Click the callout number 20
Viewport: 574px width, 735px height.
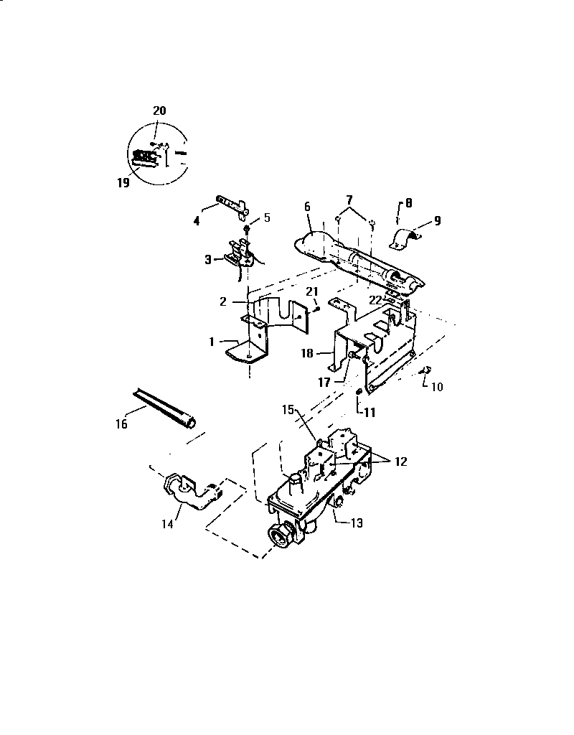tap(159, 111)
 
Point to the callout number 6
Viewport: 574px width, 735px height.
tap(306, 206)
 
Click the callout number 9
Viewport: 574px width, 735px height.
tap(437, 221)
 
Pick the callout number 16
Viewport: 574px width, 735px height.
tap(121, 424)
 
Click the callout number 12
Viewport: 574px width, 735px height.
tap(400, 462)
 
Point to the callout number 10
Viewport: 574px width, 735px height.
tap(437, 387)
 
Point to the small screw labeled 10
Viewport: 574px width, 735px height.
tap(424, 370)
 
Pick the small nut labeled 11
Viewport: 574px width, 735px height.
tap(358, 390)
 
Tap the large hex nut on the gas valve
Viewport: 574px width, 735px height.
tap(277, 535)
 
